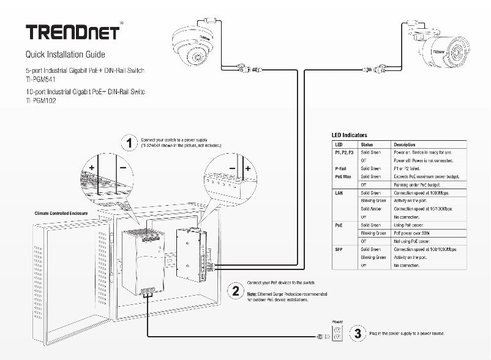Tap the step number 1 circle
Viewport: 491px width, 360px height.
point(129,143)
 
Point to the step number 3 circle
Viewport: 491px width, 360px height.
point(358,334)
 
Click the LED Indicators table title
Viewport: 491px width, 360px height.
point(350,135)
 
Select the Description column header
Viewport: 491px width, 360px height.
point(405,144)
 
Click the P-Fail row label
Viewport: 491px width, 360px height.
point(342,168)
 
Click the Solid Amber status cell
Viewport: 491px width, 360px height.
point(371,209)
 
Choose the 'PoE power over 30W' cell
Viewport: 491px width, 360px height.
point(414,233)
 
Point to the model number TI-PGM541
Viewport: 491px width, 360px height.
point(40,80)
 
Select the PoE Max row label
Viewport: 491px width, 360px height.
point(343,176)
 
